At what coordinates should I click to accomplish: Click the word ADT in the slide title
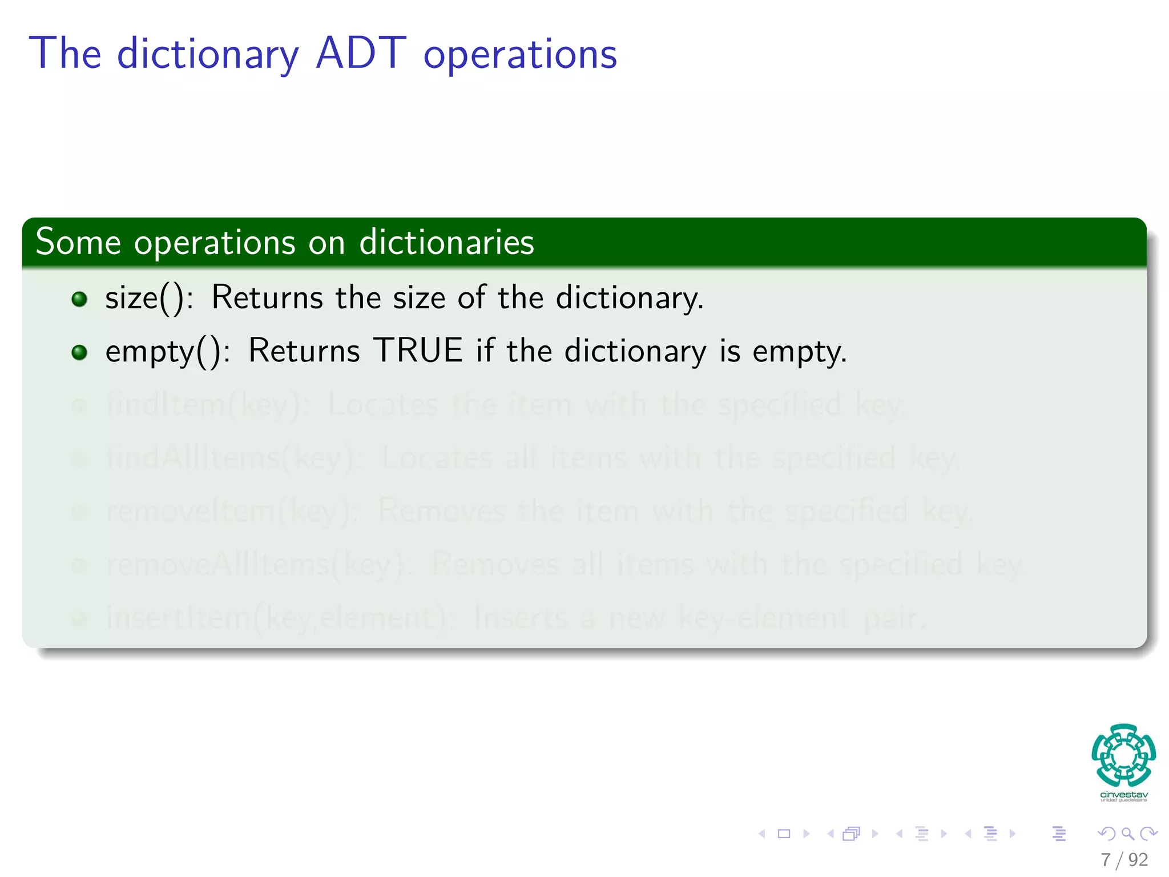pos(361,53)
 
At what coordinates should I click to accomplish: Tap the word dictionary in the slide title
pos(208,55)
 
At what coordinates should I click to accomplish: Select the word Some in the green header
pos(78,242)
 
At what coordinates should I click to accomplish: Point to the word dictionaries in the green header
pos(446,243)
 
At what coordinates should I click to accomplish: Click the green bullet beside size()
pos(79,299)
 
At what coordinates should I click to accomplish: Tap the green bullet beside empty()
pos(79,352)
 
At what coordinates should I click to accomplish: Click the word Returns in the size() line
pos(267,297)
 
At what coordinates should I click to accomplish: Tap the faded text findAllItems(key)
pos(231,458)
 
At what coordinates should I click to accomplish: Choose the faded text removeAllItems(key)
pos(257,565)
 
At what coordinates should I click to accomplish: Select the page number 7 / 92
pos(1124,859)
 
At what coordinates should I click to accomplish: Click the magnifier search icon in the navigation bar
pos(1127,834)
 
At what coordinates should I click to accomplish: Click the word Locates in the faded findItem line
pos(383,405)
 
